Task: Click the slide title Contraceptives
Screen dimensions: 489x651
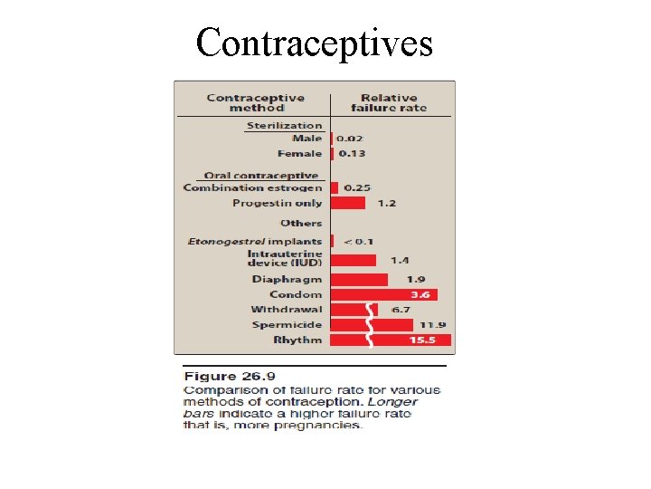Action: [x=315, y=43]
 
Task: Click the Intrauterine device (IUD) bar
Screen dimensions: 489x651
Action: [x=354, y=261]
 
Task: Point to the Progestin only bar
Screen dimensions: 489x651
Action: [x=348, y=203]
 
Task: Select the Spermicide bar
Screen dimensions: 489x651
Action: [x=349, y=325]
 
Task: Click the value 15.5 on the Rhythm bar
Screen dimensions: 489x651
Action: [x=421, y=340]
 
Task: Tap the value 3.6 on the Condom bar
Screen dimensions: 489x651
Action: [x=420, y=294]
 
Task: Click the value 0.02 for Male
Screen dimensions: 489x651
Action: [x=352, y=139]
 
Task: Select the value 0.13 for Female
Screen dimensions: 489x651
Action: [x=353, y=154]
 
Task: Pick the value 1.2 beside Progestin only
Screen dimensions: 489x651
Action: [x=386, y=203]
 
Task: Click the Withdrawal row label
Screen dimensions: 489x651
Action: [x=286, y=310]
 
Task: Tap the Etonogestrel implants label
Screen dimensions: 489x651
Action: [x=255, y=242]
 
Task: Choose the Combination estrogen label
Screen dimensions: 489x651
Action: [x=252, y=188]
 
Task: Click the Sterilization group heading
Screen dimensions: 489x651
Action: [x=284, y=126]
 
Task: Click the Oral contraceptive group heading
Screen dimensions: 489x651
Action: [x=261, y=176]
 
